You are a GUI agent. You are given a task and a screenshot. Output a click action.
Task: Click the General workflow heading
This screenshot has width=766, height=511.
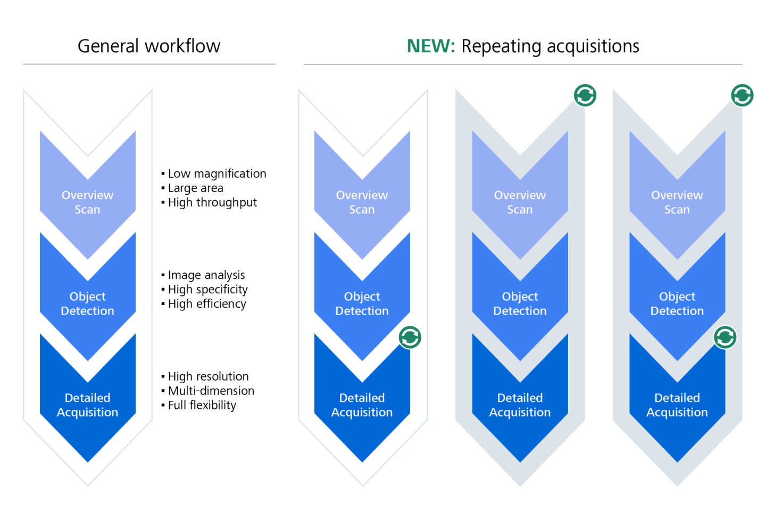(x=149, y=46)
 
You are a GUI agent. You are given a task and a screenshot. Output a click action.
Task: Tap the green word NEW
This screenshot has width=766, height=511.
(x=430, y=46)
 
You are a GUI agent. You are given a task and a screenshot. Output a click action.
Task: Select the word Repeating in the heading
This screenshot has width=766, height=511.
(x=498, y=47)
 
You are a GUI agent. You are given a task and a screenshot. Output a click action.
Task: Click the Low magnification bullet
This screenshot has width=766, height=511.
(x=217, y=174)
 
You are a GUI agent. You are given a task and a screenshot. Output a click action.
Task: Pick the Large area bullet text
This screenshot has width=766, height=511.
(x=195, y=188)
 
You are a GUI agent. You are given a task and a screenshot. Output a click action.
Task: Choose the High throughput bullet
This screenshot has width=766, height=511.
(x=212, y=202)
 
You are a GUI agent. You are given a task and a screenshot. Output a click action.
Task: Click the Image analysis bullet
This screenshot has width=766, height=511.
(x=206, y=275)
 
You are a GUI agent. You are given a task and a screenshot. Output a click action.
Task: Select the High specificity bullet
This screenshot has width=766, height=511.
(x=207, y=290)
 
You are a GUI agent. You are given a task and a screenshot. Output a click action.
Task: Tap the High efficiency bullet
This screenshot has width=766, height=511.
(x=206, y=304)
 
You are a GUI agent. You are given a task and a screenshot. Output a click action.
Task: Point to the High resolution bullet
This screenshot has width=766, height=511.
(x=208, y=376)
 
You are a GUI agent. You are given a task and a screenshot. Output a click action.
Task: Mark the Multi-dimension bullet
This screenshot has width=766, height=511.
(x=211, y=391)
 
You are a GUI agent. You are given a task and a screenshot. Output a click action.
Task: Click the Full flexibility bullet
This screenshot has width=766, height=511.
(x=202, y=405)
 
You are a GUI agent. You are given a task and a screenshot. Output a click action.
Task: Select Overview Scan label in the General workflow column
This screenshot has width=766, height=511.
(x=88, y=202)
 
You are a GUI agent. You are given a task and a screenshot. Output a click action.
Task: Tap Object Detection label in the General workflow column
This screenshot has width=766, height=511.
(x=88, y=303)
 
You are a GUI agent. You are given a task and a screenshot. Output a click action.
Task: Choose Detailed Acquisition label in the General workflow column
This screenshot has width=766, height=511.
(x=88, y=405)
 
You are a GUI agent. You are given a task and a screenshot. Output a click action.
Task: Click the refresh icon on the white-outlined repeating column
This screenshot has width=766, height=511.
(x=410, y=337)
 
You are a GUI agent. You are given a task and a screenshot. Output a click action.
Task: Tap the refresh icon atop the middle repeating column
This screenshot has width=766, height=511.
(x=585, y=96)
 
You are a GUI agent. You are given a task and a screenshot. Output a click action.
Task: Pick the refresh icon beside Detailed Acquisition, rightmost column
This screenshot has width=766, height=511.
(x=725, y=337)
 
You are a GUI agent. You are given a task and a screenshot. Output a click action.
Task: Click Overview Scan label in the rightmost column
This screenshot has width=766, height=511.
(x=677, y=202)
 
